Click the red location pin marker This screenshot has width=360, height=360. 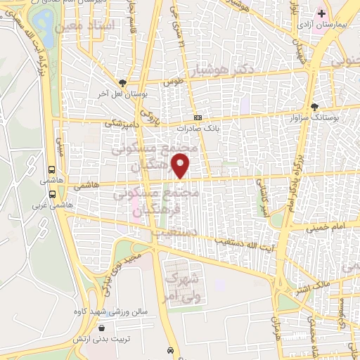click(181, 167)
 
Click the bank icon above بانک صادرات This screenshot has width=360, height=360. click(198, 117)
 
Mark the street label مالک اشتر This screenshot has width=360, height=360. click(326, 286)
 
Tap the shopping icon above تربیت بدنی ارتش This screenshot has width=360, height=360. click(103, 328)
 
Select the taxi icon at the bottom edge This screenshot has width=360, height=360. click(171, 350)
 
